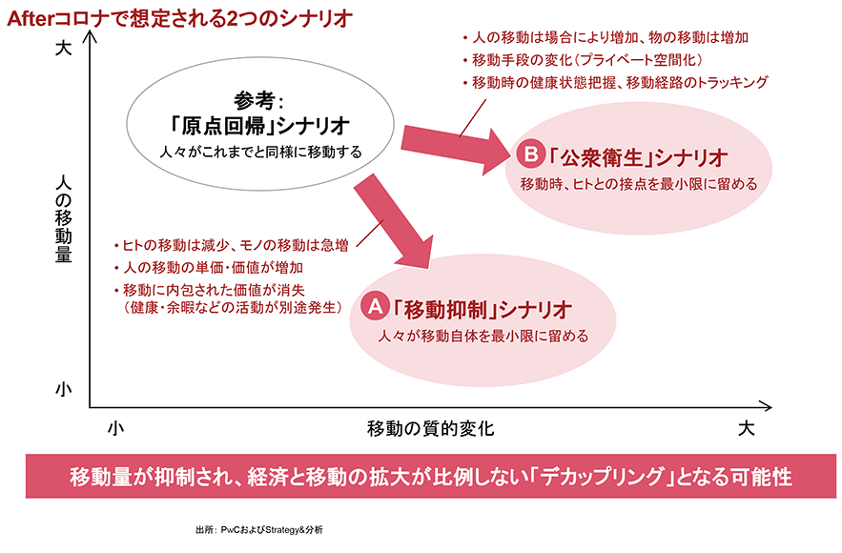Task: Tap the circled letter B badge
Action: pyautogui.click(x=527, y=153)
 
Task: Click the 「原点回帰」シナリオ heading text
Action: pyautogui.click(x=260, y=126)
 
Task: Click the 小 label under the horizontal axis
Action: pyautogui.click(x=115, y=428)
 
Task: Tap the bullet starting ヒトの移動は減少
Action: pyautogui.click(x=229, y=245)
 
